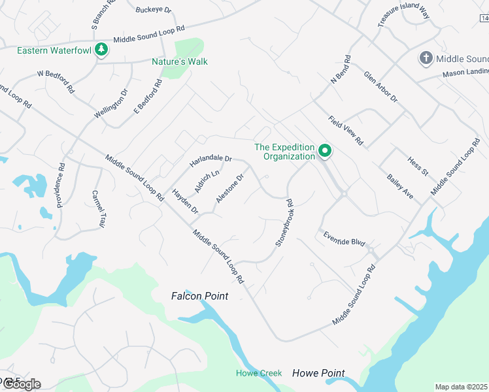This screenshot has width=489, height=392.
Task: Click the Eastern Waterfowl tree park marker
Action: click(x=101, y=50)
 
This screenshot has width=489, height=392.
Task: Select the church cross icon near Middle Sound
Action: click(x=426, y=58)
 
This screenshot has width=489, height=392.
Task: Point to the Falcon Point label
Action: click(x=199, y=296)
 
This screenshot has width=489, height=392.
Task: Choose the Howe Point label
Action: click(x=318, y=373)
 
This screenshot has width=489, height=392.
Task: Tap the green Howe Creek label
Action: click(x=259, y=373)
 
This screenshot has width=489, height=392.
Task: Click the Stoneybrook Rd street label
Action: click(x=282, y=223)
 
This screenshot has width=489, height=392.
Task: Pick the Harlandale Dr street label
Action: click(x=211, y=159)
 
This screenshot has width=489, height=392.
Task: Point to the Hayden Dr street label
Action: click(x=185, y=201)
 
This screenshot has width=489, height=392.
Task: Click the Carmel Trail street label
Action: click(x=99, y=208)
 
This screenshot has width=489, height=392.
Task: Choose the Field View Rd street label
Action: click(x=345, y=130)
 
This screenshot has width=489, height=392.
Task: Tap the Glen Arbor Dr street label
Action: click(x=380, y=87)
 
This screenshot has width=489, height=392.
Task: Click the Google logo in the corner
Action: click(x=21, y=384)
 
